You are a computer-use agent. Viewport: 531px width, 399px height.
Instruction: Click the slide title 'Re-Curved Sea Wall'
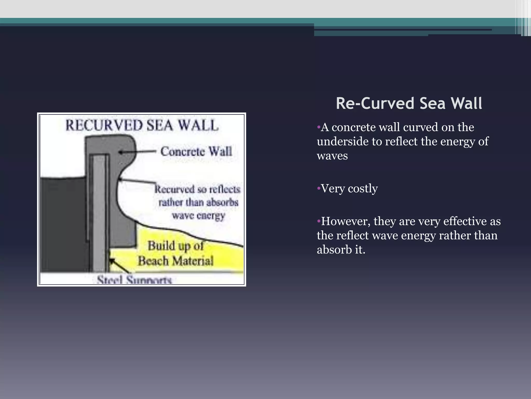click(409, 103)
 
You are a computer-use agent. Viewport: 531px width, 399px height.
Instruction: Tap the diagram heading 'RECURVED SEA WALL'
click(142, 125)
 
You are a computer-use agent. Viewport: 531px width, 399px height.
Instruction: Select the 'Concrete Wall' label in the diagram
click(196, 151)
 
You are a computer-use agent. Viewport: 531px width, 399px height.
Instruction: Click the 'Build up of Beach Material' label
click(176, 253)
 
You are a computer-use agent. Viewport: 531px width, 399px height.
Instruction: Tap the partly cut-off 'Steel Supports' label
click(134, 280)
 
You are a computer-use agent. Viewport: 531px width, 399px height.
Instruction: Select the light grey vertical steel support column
click(99, 213)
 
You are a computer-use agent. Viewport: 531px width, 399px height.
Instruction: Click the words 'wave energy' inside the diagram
click(199, 215)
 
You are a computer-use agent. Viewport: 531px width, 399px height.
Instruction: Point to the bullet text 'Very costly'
click(349, 188)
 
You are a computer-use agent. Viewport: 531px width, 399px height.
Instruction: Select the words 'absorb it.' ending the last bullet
click(341, 250)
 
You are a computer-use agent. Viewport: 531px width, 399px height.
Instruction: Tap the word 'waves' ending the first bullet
click(332, 156)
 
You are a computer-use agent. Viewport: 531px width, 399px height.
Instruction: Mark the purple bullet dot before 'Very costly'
click(319, 188)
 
